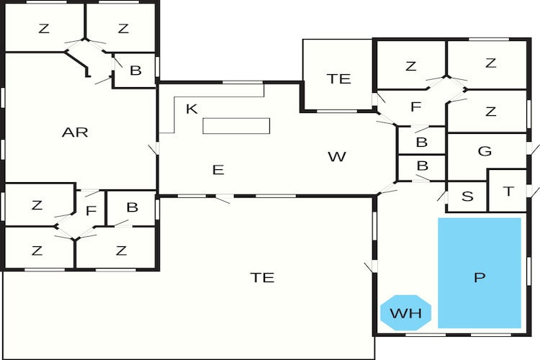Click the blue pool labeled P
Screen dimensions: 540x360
480,273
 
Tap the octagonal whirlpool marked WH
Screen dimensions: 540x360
405,312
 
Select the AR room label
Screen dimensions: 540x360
75,132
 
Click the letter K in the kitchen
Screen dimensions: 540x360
192,109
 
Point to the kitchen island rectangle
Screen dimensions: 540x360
236,126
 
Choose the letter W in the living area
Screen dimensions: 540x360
337,157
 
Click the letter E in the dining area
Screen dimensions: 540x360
218,170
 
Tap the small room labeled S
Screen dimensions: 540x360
467,197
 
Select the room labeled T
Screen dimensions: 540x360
508,191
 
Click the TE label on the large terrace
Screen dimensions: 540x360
262,277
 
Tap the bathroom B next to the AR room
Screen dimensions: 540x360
135,71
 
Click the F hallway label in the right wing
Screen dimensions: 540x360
416,107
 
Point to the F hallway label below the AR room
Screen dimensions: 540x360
91,210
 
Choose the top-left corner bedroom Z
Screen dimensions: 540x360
44,27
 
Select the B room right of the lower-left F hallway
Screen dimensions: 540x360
131,208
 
